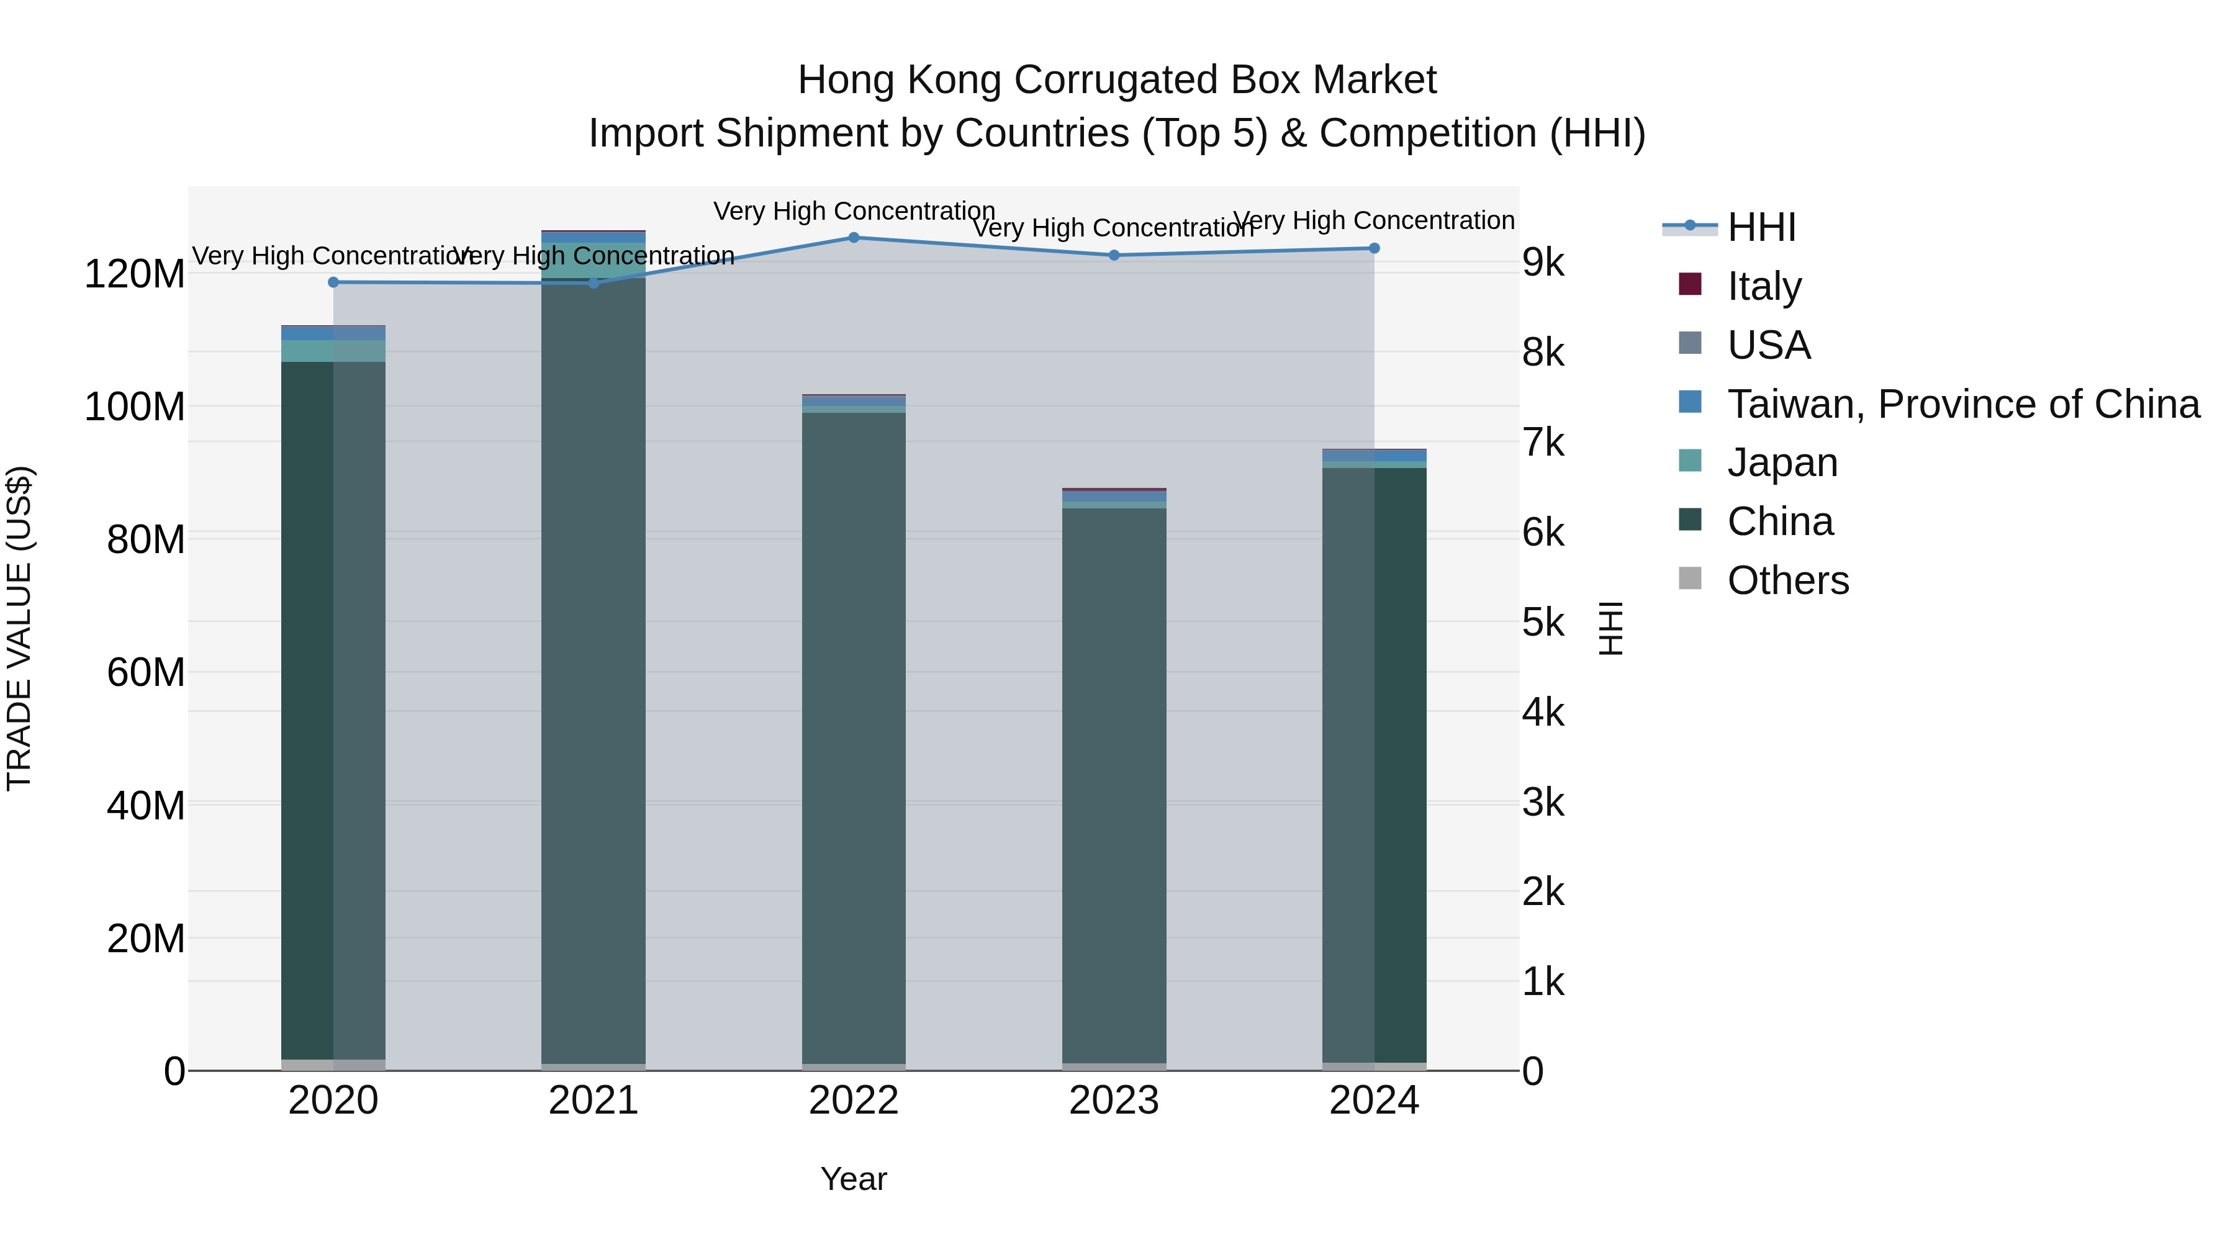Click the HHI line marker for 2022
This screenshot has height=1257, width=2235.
[854, 238]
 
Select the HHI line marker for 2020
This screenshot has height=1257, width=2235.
[333, 282]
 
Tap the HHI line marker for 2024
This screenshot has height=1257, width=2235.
[1375, 248]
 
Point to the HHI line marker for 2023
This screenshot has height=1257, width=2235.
[1114, 255]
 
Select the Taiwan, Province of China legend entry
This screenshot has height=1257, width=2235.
[1962, 403]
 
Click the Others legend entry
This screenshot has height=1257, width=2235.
[1787, 580]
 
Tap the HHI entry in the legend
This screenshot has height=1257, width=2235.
[1761, 227]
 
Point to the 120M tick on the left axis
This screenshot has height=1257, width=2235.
[135, 274]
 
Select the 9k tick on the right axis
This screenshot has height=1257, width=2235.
[1543, 263]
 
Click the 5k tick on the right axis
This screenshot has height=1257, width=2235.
[1543, 623]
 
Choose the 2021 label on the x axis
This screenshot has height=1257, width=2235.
[594, 1101]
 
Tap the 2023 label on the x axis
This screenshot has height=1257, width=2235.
[1114, 1101]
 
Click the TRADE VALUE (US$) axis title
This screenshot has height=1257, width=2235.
[19, 628]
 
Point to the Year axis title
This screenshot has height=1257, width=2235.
[854, 1179]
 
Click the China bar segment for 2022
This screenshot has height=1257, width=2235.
[854, 737]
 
